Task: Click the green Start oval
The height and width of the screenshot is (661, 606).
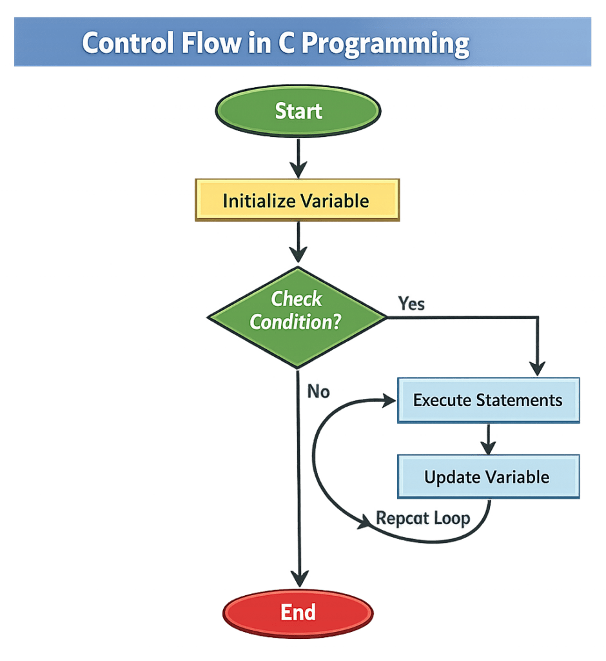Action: click(298, 111)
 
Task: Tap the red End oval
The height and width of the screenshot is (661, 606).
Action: click(298, 612)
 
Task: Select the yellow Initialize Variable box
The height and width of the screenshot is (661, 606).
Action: click(297, 201)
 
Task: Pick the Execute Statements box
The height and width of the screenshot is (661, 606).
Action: click(488, 400)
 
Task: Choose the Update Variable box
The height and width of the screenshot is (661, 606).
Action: click(488, 477)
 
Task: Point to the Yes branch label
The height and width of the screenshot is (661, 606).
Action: click(411, 303)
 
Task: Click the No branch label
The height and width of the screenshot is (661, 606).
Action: click(318, 391)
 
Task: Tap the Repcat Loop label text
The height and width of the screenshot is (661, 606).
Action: click(423, 518)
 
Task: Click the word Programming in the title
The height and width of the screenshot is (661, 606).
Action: click(386, 43)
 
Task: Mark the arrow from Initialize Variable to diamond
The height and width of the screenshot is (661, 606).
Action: click(297, 244)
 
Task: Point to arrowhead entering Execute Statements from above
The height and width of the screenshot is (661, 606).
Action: click(537, 369)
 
